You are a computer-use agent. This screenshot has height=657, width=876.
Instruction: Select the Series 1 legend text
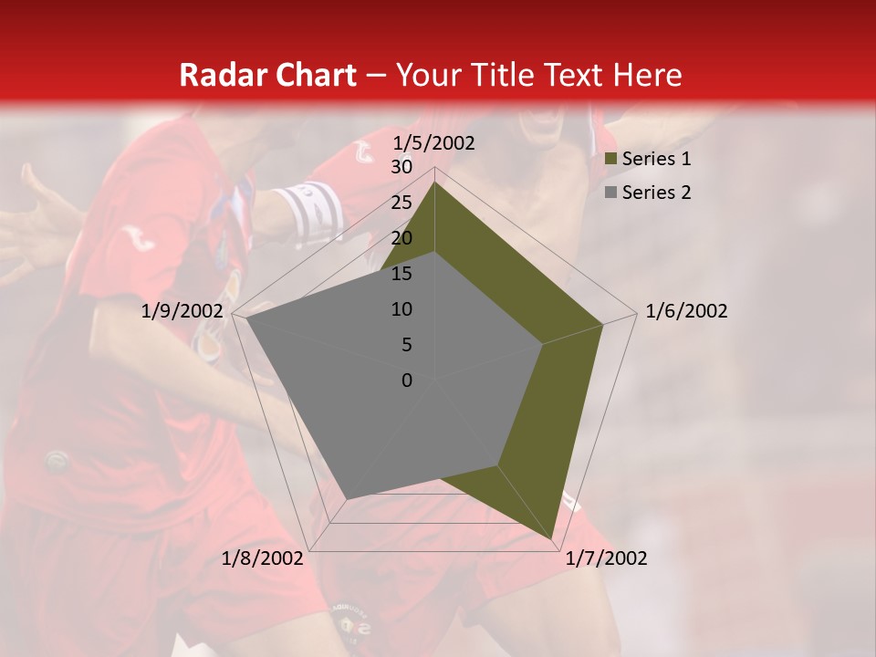coord(656,159)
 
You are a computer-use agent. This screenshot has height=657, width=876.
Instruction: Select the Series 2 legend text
coord(656,193)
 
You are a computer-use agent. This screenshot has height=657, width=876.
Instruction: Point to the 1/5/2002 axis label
coord(434,143)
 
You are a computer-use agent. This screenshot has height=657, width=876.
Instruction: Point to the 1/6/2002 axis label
coord(686,311)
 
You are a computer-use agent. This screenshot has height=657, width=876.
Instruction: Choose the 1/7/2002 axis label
coord(606,558)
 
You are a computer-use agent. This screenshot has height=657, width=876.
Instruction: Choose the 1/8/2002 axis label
coord(262,558)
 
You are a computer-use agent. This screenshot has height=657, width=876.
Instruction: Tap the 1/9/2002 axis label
coord(182,311)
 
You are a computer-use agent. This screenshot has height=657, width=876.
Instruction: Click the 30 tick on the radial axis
coord(401,167)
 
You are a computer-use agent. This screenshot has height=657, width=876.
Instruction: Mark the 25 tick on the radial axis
coord(401,203)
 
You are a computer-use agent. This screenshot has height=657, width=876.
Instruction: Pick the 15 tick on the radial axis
coord(401,274)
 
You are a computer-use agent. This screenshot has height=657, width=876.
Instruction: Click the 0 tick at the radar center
coord(407,381)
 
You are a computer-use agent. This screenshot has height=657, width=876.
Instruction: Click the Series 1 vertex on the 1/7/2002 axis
coord(552,540)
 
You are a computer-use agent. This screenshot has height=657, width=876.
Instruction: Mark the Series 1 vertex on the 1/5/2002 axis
coord(435,182)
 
